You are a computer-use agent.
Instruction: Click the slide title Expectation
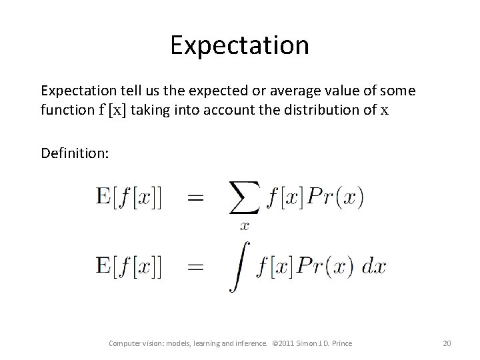(239, 45)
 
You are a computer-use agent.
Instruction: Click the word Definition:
(74, 154)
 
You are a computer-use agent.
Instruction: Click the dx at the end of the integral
(374, 267)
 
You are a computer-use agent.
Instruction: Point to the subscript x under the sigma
(245, 225)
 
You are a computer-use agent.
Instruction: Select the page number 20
(447, 343)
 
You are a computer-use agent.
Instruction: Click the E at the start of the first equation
(104, 197)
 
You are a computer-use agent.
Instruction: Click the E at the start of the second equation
(104, 267)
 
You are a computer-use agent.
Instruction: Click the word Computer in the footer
(125, 343)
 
